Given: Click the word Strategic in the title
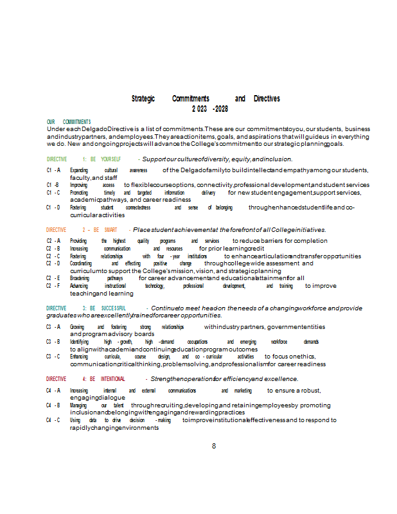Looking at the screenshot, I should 143,99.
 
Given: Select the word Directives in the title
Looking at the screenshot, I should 267,99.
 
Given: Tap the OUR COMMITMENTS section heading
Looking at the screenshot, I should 69,122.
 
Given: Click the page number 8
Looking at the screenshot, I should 214,445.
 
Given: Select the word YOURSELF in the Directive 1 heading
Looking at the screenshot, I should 110,159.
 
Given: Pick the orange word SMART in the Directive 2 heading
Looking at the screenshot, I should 110,229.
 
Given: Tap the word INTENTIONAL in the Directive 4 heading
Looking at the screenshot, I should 113,379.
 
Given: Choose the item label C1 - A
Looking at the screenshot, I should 53,170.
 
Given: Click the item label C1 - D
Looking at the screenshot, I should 53,208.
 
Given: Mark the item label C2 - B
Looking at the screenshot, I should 53,248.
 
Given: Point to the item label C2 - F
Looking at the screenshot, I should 53,286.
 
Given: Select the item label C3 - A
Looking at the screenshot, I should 53,327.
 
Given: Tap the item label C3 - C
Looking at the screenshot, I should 53,356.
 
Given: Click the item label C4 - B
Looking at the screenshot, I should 53,405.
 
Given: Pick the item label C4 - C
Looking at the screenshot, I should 53,420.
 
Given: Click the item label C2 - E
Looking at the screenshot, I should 53,278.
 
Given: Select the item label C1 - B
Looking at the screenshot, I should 53,185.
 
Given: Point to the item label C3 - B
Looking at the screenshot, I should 53,342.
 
